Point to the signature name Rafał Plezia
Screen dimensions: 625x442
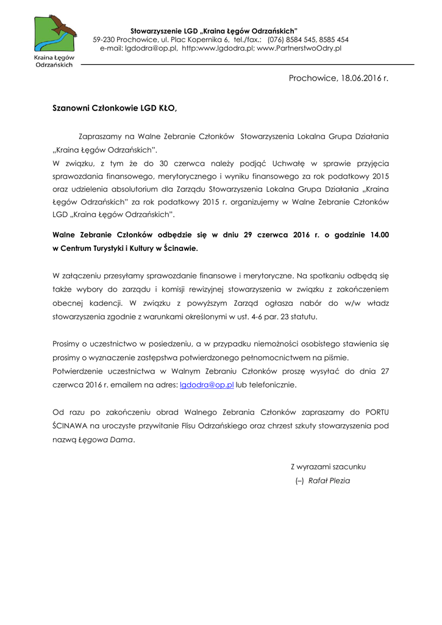329,480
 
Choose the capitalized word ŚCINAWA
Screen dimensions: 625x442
71,425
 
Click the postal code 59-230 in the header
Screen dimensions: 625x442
104,39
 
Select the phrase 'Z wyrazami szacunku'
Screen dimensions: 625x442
328,466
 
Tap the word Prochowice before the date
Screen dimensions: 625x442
313,78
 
